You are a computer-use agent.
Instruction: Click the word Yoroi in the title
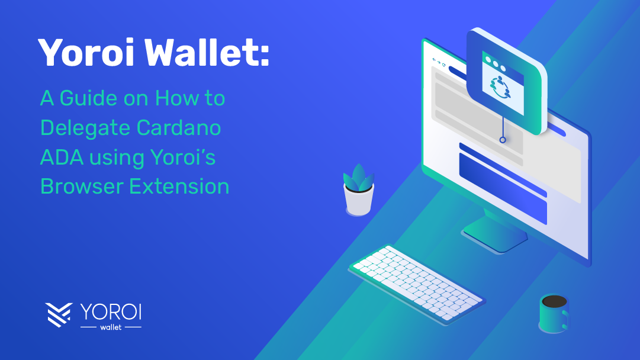pos(86,52)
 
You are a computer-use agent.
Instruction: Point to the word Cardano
pos(179,128)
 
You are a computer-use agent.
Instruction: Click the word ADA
pos(62,157)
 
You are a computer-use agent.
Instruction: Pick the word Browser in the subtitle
pos(82,187)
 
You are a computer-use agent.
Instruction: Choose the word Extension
pos(179,187)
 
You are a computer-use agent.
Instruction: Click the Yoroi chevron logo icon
pos(59,314)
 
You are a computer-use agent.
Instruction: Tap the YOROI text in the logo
pos(111,312)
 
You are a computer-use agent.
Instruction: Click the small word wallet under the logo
pos(111,327)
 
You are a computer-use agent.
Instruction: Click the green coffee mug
pos(554,313)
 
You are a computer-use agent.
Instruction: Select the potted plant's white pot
pos(359,200)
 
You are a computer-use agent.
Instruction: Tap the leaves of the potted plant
pos(358,178)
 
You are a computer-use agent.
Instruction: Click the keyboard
pos(417,284)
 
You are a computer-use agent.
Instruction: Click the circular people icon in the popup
pos(500,88)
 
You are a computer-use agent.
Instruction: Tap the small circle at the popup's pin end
pos(503,140)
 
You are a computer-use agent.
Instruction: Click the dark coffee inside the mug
pos(554,301)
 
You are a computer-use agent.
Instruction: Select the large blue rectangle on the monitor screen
pos(503,188)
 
